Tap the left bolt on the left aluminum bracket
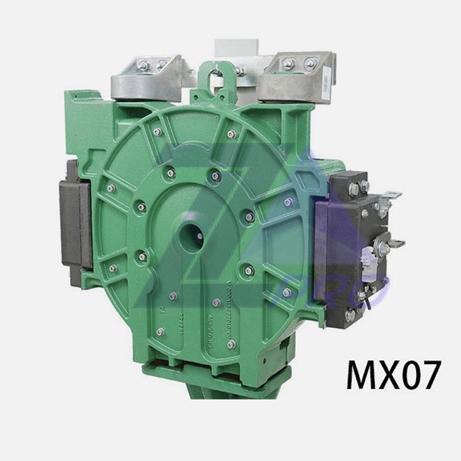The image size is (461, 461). (143, 65)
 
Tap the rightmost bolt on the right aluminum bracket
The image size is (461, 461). (310, 64)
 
